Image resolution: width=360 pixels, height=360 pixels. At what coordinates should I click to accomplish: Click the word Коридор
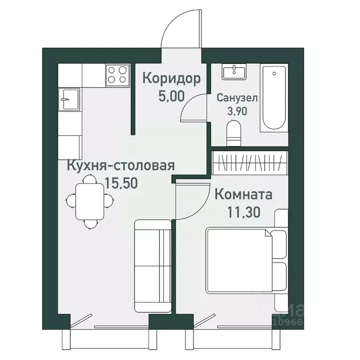point(171,78)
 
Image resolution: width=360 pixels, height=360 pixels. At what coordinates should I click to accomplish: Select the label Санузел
point(237,98)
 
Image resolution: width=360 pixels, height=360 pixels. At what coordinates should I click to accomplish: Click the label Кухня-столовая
point(121,166)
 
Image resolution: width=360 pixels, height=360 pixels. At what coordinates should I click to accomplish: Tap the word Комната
point(244,194)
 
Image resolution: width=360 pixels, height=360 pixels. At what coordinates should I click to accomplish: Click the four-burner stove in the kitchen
point(117,75)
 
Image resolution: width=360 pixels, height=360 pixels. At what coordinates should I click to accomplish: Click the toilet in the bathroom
point(233,132)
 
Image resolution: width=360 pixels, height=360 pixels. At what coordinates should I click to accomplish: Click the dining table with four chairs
point(90,201)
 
